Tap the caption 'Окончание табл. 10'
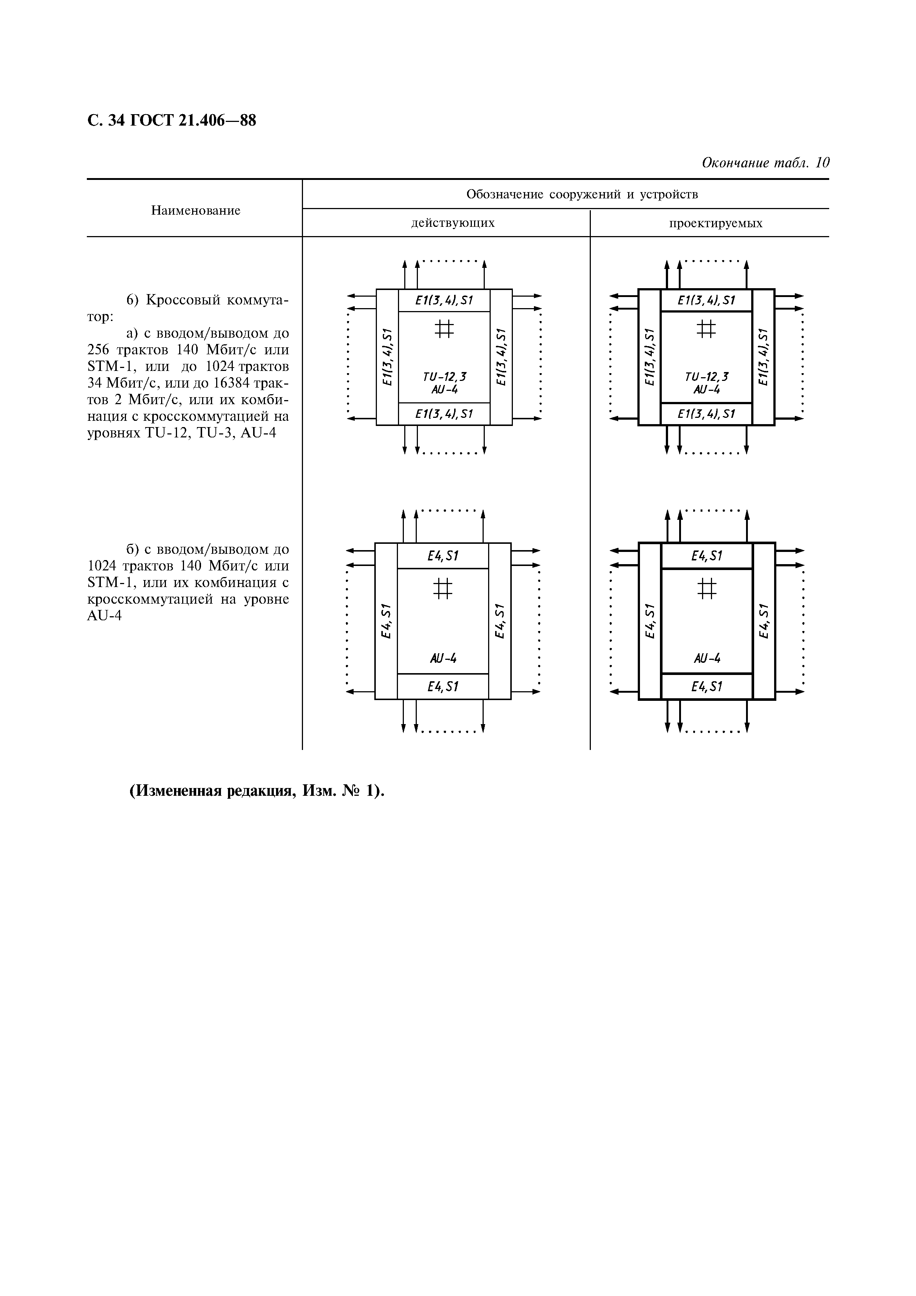765,163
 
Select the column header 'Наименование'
195,211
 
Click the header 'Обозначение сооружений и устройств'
582,195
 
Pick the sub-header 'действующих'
453,223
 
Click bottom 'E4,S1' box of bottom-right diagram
706,686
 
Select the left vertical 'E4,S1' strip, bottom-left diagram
386,621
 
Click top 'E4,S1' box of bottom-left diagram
443,556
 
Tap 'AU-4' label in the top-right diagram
706,389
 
